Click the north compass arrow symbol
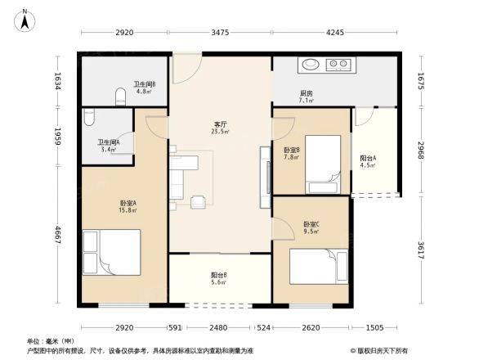(x=26, y=19)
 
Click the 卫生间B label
(x=145, y=86)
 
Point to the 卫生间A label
(x=108, y=145)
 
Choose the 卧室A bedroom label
(x=128, y=205)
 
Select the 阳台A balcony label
(x=368, y=160)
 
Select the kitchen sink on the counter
(x=311, y=65)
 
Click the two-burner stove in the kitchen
(x=339, y=65)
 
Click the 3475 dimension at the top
(x=219, y=34)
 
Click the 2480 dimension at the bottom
(x=218, y=328)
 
